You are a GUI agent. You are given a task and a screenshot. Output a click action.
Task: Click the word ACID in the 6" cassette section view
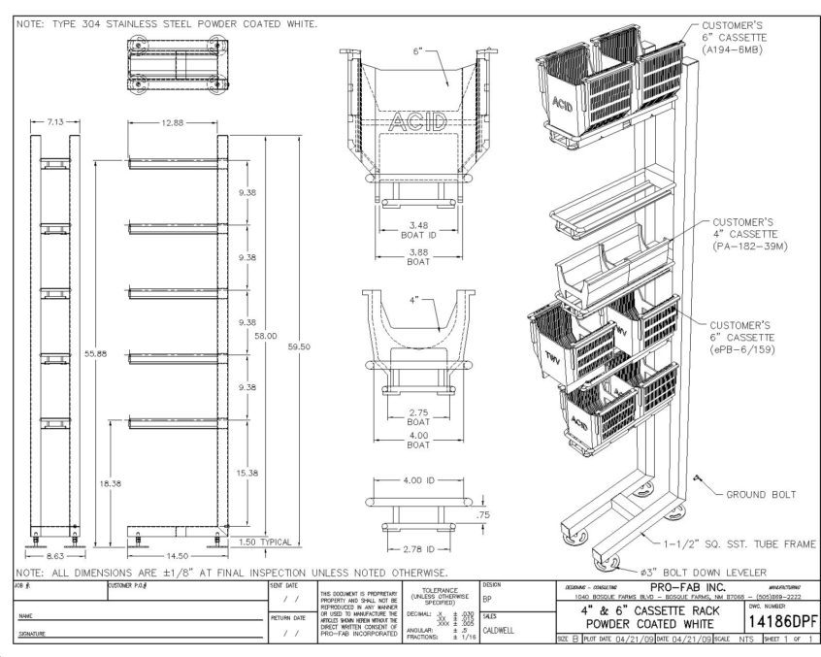[417, 123]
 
